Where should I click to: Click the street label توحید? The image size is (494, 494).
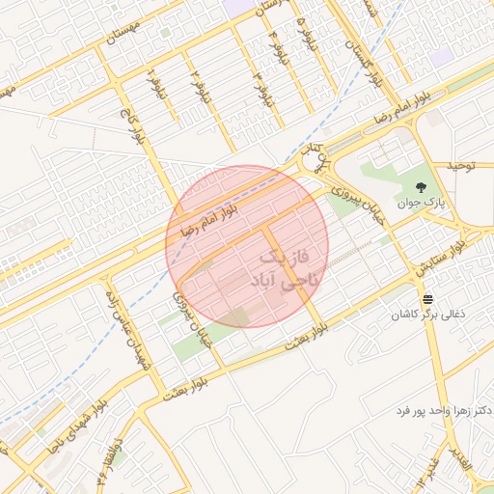461,166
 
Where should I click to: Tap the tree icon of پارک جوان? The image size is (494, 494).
420,185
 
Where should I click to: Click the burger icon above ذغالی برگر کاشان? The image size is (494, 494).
426,298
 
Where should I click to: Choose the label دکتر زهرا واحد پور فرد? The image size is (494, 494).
444,410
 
